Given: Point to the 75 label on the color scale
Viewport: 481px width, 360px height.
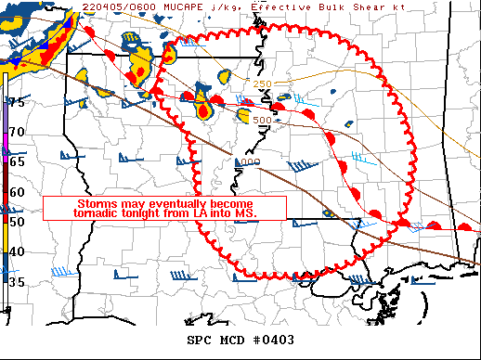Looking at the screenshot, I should [17, 102].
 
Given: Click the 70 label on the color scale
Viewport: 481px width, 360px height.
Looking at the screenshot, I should [17, 133].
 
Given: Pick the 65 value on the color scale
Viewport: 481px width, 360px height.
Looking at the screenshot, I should [17, 162].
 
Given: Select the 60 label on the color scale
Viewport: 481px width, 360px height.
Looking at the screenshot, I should [17, 192].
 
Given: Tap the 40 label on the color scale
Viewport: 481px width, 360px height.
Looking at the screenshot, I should [17, 251].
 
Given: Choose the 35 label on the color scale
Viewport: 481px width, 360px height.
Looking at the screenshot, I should [17, 282].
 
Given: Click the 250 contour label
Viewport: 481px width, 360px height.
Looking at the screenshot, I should [263, 84].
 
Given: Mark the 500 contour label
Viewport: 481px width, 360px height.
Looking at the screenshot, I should [262, 120].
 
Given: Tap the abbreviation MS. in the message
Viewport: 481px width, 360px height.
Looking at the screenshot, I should [245, 212].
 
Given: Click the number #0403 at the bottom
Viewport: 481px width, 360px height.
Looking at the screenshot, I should [274, 340].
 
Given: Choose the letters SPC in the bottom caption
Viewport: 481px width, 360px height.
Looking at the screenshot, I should [199, 340].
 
